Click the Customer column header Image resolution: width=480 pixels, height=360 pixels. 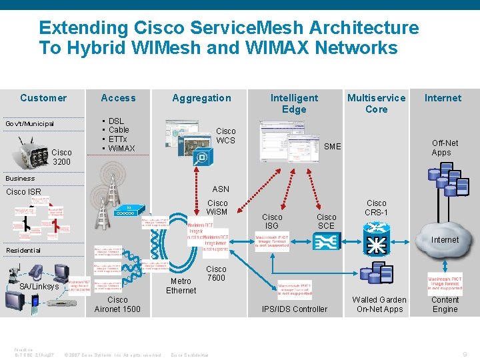(43, 98)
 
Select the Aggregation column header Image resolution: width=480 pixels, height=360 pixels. (201, 98)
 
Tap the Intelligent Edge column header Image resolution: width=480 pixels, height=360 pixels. (294, 103)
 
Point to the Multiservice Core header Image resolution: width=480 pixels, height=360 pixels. (376, 103)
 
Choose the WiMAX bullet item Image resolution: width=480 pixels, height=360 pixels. (121, 149)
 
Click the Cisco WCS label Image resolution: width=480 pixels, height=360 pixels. (226, 136)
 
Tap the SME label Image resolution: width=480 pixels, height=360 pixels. (332, 147)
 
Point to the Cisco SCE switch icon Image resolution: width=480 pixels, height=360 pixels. (327, 246)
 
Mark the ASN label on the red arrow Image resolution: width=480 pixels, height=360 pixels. (221, 189)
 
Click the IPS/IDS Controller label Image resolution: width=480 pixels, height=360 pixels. (295, 309)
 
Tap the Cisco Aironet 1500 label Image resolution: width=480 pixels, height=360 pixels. (117, 305)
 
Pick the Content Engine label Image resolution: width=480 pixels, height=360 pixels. (445, 305)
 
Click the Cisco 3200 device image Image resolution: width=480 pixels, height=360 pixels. (29, 151)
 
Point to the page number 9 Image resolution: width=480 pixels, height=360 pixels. (465, 354)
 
